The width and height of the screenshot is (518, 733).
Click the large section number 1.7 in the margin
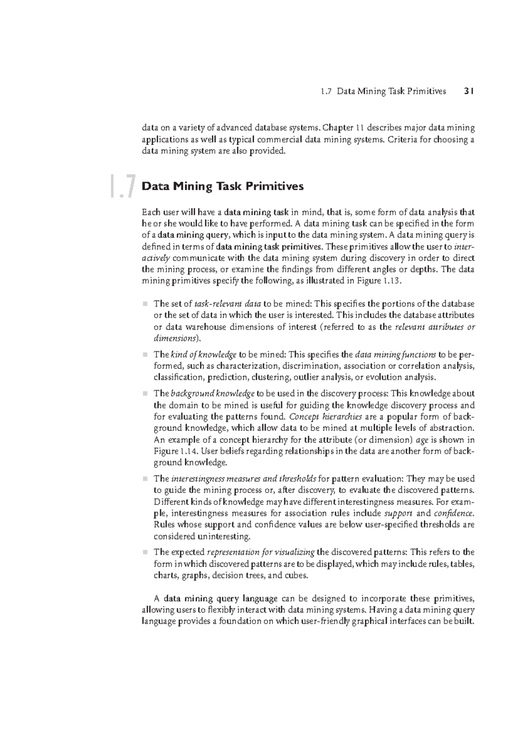[x=123, y=186]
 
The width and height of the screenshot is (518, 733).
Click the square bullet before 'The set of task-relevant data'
[x=145, y=303]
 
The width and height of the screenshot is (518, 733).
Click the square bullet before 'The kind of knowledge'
[x=145, y=355]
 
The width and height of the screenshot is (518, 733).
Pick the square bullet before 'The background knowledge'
[x=145, y=394]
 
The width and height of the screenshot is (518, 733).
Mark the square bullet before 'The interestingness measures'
[x=145, y=479]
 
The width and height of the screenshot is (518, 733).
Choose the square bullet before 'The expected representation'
[x=145, y=552]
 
